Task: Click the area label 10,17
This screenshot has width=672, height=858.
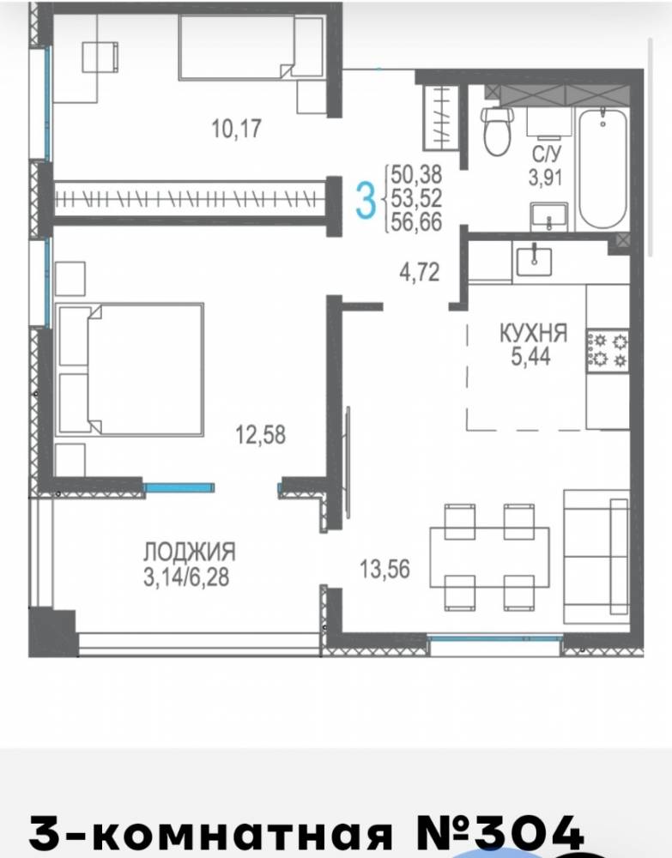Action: coord(236,129)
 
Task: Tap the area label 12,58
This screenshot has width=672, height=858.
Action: coord(261,434)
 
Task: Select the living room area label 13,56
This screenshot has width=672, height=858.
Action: coord(384,569)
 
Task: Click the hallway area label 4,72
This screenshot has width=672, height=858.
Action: coord(419,271)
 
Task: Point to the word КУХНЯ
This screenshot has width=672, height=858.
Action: coord(533,333)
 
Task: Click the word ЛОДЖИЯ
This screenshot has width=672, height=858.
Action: coord(190,552)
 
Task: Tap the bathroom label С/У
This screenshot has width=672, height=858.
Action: coord(546,154)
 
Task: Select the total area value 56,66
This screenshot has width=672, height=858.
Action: coord(416,222)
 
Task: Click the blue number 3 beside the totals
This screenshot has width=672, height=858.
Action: coord(366,201)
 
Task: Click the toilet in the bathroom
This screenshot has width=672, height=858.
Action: coord(497,130)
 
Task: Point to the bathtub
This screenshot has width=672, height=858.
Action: coord(602,169)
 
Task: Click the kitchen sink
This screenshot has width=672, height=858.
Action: coord(534,262)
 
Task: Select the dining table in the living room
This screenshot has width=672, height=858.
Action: coord(489,557)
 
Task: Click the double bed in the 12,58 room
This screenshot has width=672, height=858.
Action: coord(130,370)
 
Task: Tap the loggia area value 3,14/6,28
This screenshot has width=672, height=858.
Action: coord(186,577)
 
